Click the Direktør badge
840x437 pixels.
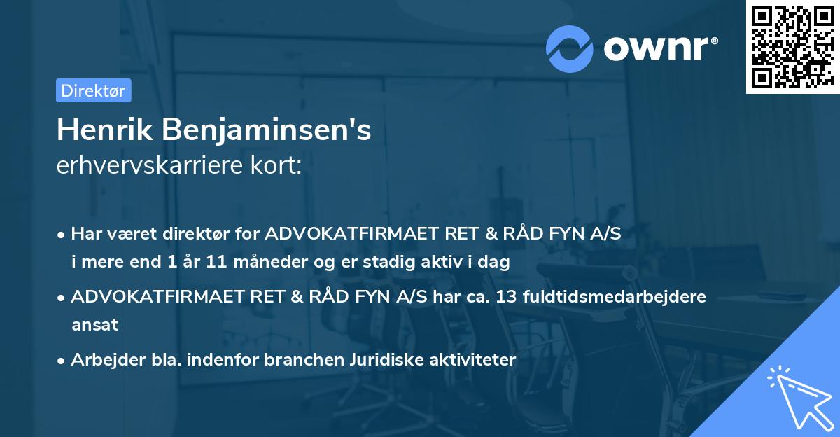point(93,90)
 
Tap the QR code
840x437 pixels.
point(791,46)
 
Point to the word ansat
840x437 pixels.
point(94,324)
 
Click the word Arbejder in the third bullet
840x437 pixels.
point(101,360)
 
